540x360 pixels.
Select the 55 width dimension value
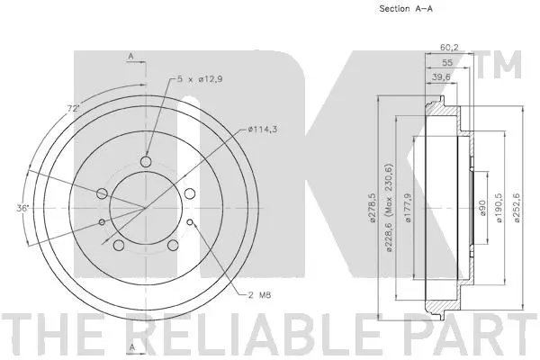447,64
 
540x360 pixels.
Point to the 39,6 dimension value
440,79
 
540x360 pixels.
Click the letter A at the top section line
131,57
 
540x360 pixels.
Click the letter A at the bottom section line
131,346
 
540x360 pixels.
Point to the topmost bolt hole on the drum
146,163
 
